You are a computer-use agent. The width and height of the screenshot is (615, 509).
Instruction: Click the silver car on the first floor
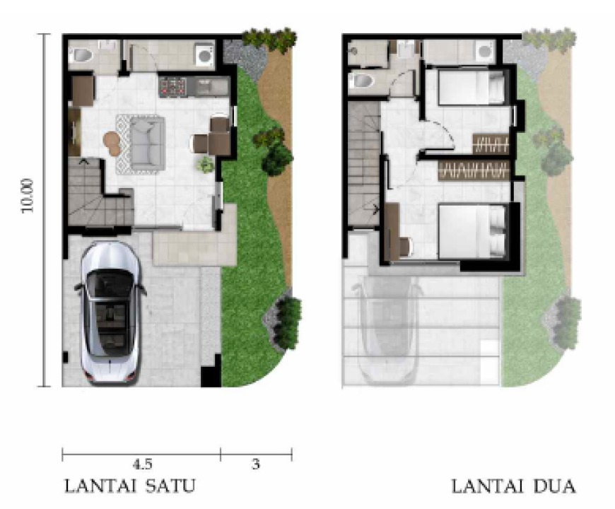point(110,312)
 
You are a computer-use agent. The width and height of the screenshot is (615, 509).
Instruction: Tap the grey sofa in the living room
point(147,144)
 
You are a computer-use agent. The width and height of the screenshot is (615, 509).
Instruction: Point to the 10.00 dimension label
point(28,195)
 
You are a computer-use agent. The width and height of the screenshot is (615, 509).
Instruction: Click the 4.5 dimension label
point(142,464)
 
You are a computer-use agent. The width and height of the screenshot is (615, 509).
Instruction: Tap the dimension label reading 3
point(256,464)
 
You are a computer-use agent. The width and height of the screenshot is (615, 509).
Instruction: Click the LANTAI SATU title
point(129,486)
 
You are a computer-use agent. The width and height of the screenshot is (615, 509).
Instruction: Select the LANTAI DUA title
point(513,486)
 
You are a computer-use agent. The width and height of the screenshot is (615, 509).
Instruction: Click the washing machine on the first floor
point(205,54)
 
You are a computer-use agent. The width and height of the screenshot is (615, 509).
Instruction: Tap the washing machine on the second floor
point(485,52)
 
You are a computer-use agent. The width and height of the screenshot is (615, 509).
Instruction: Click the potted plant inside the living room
point(206,165)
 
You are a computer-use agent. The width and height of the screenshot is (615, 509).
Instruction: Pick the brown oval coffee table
point(112,143)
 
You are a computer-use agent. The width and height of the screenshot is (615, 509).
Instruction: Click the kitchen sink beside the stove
point(209,87)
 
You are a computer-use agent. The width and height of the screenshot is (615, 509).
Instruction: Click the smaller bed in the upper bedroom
point(471,87)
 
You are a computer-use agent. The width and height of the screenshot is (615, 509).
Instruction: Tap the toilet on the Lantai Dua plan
point(362,81)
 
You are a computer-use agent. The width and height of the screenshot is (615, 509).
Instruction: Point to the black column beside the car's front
point(211,377)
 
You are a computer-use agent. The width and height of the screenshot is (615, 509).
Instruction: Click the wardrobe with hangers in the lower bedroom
point(474,170)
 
